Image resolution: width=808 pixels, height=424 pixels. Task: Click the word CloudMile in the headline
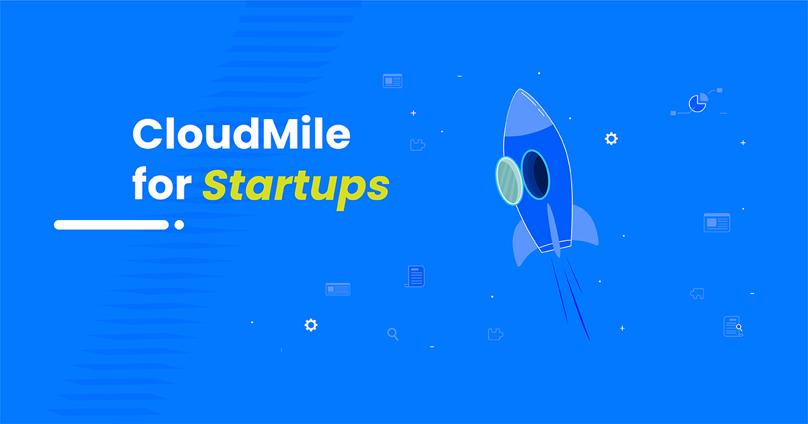pyautogui.click(x=241, y=135)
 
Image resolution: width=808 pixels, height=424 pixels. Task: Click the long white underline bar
pyautogui.click(x=110, y=225)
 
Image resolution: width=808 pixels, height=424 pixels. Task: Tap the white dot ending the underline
pyautogui.click(x=179, y=225)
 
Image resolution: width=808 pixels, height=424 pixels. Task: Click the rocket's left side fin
pyautogui.click(x=523, y=242)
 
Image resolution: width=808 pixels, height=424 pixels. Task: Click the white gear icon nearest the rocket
pyautogui.click(x=611, y=139)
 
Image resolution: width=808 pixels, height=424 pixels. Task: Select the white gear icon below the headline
pyautogui.click(x=310, y=325)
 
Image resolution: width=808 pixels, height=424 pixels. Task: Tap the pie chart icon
pyautogui.click(x=698, y=103)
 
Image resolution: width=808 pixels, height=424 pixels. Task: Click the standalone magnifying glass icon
pyautogui.click(x=393, y=334)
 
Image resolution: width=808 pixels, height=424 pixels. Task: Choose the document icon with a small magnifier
pyautogui.click(x=733, y=326)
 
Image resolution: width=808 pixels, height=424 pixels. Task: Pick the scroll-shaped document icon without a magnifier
pyautogui.click(x=415, y=276)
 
